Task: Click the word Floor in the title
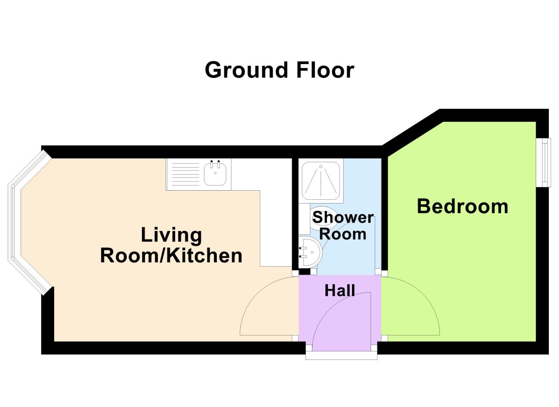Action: click(325, 70)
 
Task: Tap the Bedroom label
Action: click(462, 207)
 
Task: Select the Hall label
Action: click(340, 291)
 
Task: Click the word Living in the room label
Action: click(171, 235)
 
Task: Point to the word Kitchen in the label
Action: click(204, 256)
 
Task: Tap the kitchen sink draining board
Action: click(185, 174)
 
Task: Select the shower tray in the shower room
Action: click(321, 180)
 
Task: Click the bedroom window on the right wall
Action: click(544, 162)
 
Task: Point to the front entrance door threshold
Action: click(341, 356)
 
